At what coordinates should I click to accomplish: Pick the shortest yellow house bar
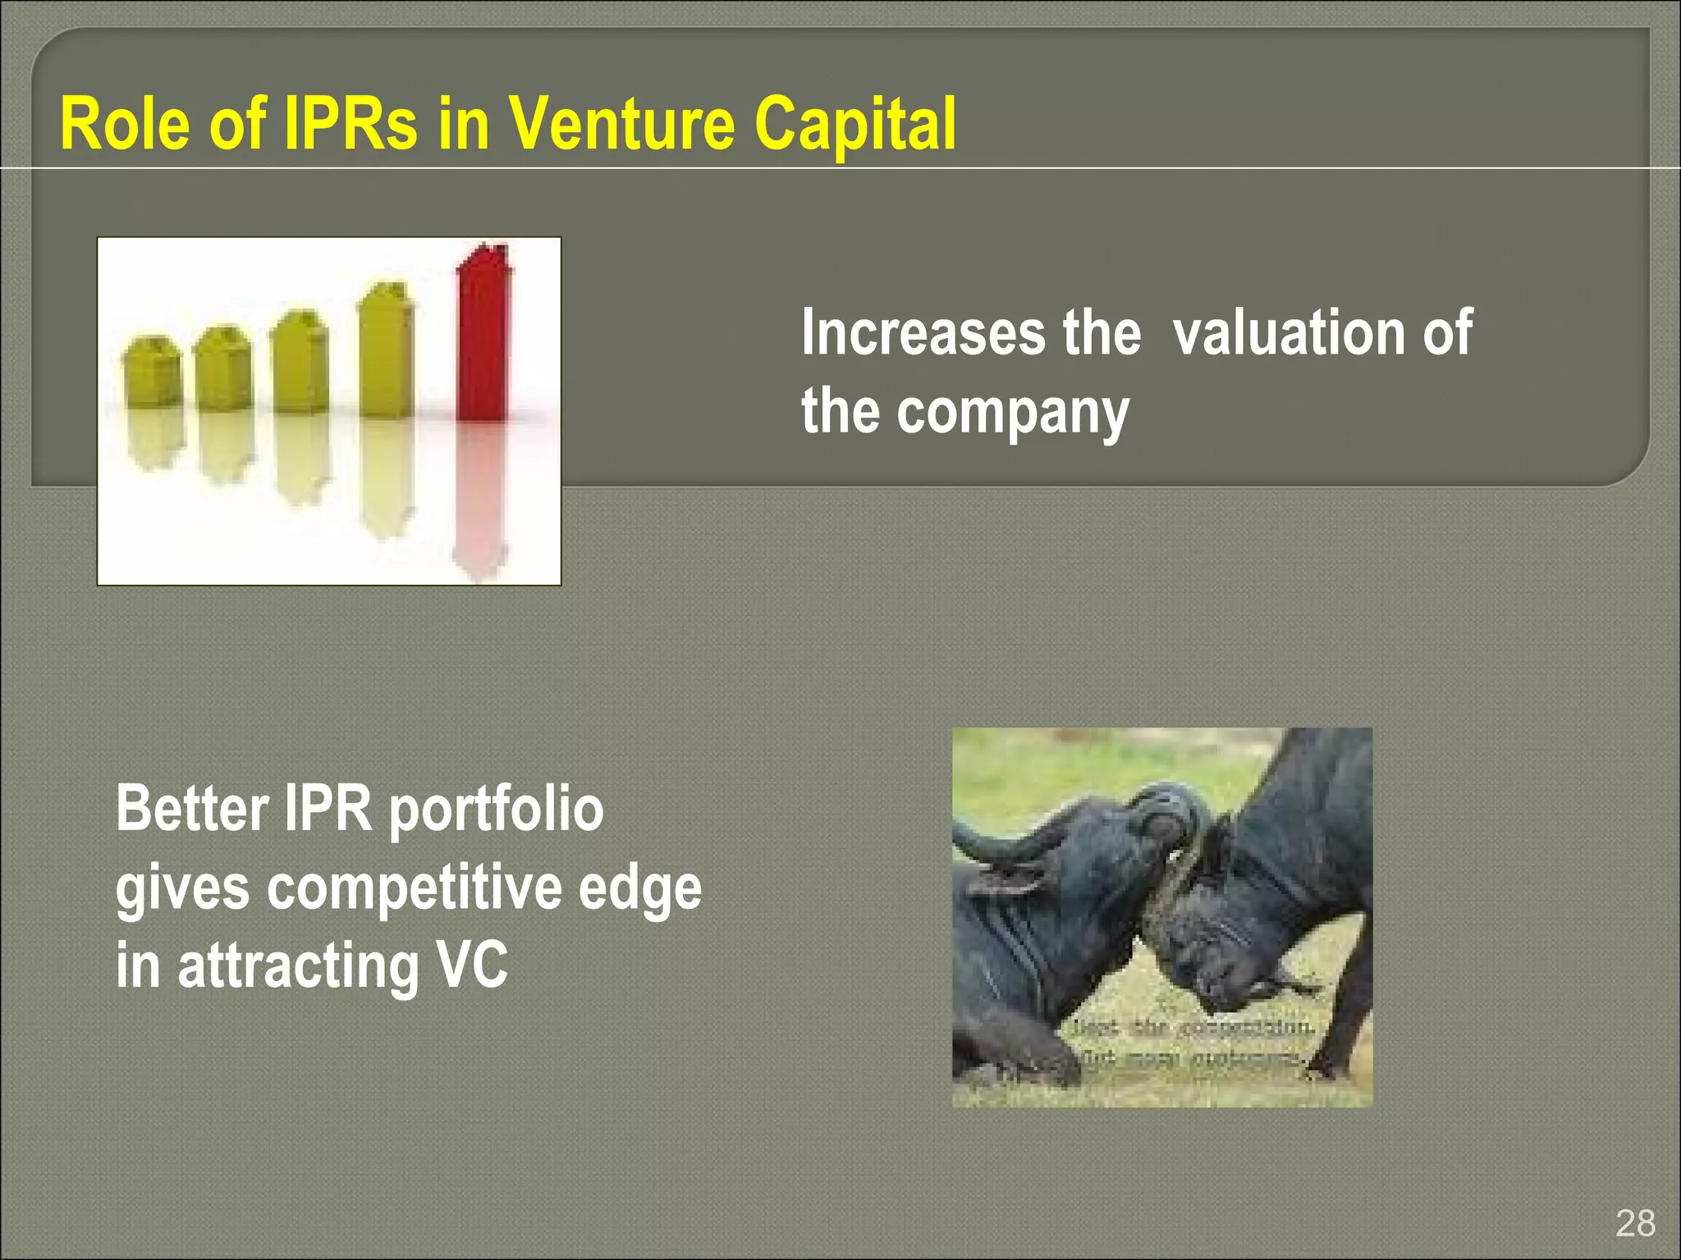click(152, 373)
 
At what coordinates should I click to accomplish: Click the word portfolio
click(496, 810)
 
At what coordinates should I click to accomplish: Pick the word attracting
click(298, 966)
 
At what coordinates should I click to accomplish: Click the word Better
click(192, 809)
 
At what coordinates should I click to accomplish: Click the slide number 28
click(1635, 1223)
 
